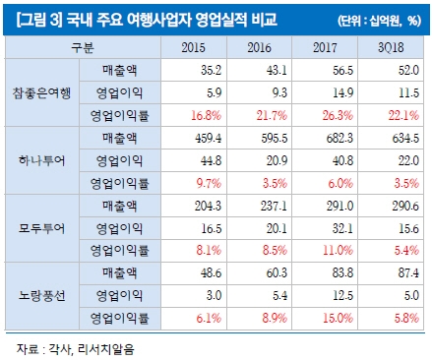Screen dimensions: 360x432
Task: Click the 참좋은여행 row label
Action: [39, 91]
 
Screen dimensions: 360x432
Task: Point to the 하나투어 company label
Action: [39, 160]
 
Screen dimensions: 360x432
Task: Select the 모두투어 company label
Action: [39, 229]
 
